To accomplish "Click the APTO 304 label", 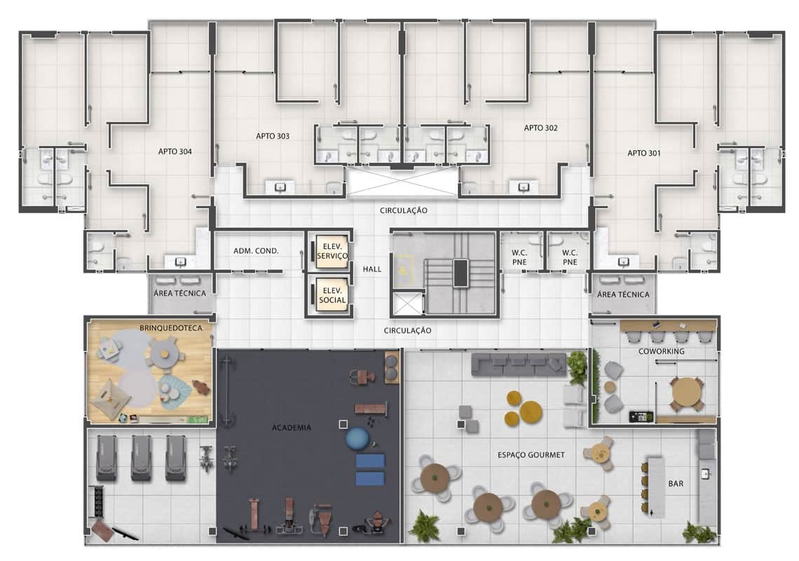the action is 175,151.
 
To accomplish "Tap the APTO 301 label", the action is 644,153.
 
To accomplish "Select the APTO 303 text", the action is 273,136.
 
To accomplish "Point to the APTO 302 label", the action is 540,128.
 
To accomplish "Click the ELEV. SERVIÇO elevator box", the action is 332,252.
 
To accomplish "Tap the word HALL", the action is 372,269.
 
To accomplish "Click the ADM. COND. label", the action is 256,251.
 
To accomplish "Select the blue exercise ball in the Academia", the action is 357,438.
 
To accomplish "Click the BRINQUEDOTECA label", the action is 171,328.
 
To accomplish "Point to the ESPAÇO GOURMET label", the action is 531,455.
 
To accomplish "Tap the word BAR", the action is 676,483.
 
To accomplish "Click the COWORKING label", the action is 662,351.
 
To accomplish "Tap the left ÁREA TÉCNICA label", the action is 180,293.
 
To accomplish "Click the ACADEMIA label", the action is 292,427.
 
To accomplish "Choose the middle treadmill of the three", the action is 141,458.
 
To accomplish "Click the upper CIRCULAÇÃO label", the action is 404,210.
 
